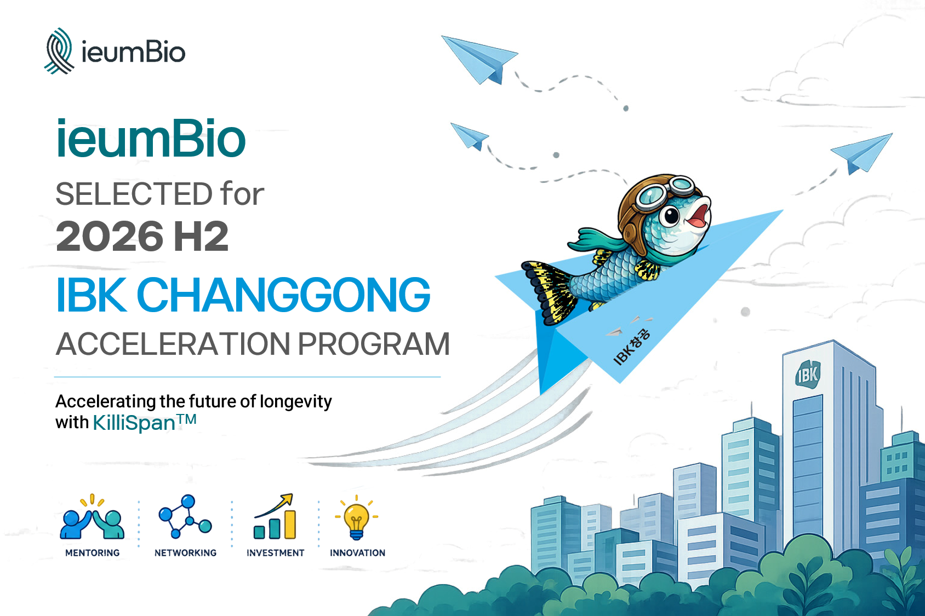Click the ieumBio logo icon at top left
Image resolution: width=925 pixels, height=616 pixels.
pos(60,51)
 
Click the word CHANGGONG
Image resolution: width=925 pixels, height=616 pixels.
pos(283,295)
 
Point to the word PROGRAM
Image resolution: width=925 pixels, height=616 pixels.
pos(374,344)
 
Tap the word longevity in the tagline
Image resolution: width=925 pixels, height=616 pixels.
pos(296,402)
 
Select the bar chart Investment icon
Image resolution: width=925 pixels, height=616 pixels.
pos(275,516)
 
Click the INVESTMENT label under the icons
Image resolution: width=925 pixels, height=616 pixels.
pos(276,553)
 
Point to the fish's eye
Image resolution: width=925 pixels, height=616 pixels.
pos(671,215)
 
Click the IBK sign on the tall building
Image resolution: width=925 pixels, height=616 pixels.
pos(808,374)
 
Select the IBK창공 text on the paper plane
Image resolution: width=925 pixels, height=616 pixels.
pos(632,346)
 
